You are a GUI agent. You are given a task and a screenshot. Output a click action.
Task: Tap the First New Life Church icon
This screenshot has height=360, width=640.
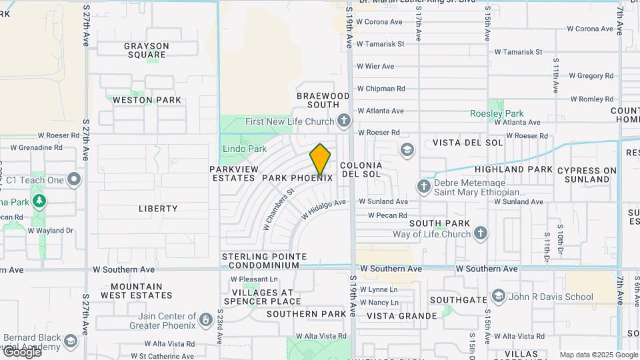(x=343, y=121)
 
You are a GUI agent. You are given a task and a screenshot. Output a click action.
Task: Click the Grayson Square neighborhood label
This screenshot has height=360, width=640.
(x=147, y=51)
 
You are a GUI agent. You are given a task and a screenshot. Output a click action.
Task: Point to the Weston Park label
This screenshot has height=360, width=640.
(x=147, y=100)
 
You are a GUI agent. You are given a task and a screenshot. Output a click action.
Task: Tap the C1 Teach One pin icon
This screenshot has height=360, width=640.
(x=74, y=180)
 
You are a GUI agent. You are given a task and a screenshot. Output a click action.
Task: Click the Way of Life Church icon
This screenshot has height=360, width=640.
(x=481, y=233)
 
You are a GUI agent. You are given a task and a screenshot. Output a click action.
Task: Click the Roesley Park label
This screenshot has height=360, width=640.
(x=497, y=113)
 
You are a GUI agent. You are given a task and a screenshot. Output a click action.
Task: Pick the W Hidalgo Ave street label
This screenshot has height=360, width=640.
(x=323, y=209)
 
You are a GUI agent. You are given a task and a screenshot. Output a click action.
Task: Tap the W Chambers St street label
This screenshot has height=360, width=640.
(x=278, y=209)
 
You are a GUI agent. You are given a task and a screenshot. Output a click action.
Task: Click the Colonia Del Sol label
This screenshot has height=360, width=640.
(x=361, y=169)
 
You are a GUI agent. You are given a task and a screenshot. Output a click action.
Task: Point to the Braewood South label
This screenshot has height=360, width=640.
(x=323, y=101)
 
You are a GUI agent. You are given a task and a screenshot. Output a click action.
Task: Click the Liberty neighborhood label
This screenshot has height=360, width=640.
(x=158, y=209)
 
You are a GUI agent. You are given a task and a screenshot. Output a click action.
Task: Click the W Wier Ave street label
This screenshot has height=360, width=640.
(x=375, y=66)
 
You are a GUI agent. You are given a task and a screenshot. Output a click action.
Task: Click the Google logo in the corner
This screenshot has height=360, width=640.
(x=23, y=351)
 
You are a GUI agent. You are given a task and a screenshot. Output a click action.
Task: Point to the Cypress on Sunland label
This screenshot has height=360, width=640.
(x=587, y=175)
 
